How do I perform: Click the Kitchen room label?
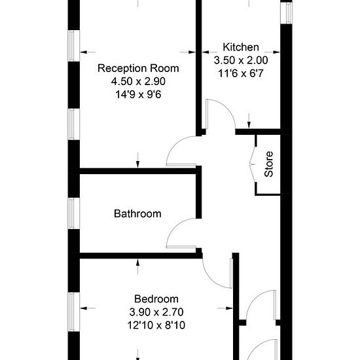(x=241, y=47)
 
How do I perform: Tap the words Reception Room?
(x=138, y=69)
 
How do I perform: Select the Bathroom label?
(x=137, y=214)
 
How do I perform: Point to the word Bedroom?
(x=156, y=299)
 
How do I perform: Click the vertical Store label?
(x=268, y=164)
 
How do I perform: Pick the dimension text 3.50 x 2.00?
(x=241, y=60)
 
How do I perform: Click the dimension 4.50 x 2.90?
(x=138, y=82)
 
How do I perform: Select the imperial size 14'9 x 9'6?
(x=138, y=95)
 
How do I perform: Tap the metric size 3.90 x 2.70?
(x=156, y=312)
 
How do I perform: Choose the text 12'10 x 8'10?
(x=156, y=325)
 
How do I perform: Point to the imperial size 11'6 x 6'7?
(x=241, y=73)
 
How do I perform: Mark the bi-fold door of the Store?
(x=252, y=164)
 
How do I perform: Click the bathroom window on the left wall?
(x=74, y=213)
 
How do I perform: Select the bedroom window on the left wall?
(x=74, y=312)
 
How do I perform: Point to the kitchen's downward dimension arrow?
(x=249, y=120)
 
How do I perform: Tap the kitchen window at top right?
(x=287, y=12)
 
